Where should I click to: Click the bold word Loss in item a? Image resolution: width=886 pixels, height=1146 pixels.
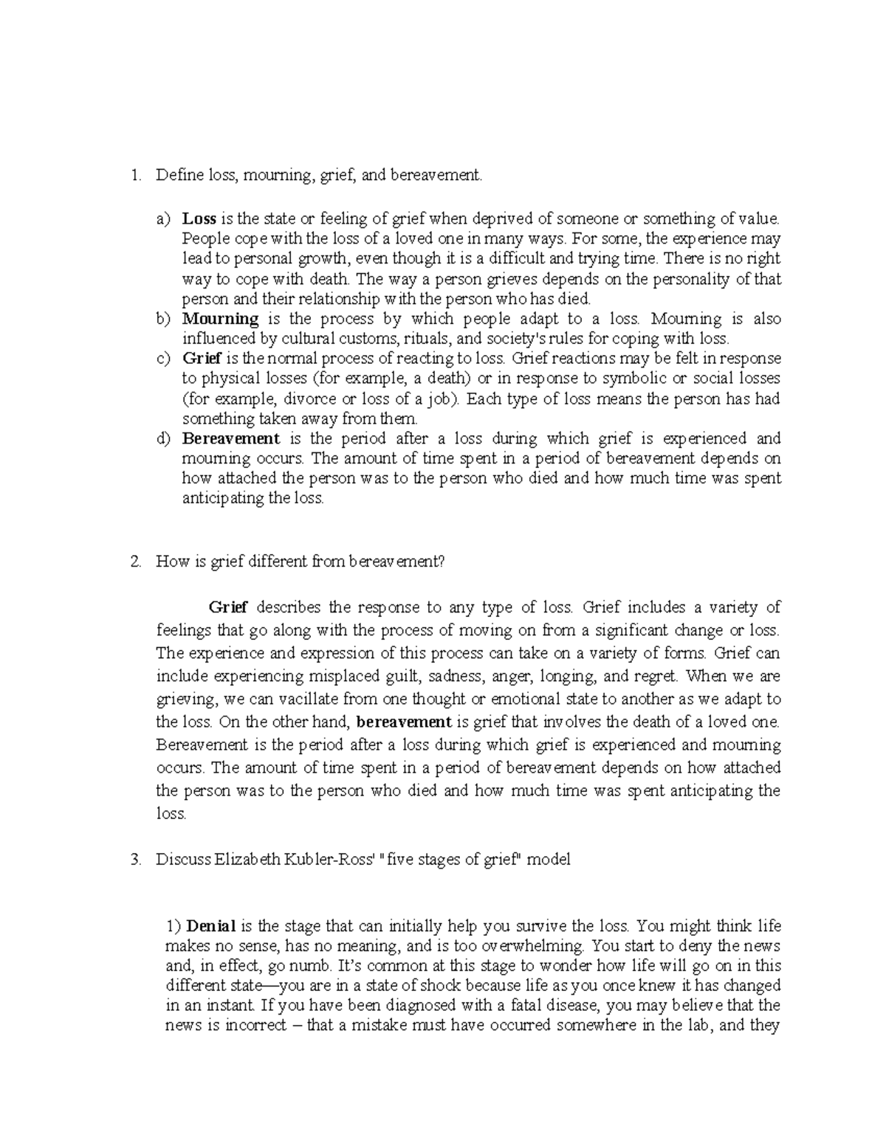click(x=199, y=218)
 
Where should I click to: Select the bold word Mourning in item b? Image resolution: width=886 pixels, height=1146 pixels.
click(x=220, y=319)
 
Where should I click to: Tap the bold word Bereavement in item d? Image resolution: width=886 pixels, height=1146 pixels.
click(x=230, y=438)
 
